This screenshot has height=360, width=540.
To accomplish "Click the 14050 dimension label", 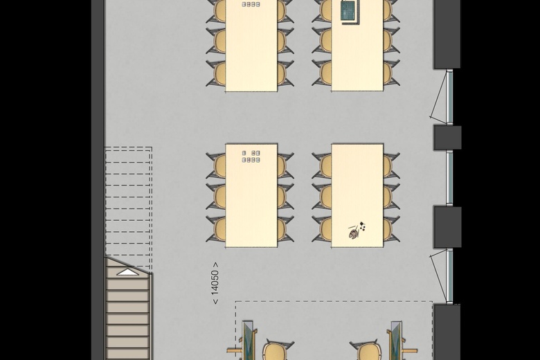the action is click(x=215, y=283).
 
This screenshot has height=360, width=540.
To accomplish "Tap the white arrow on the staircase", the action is click(x=127, y=272).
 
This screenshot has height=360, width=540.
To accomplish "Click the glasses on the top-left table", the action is click(x=251, y=4).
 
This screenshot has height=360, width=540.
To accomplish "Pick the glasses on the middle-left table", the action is click(x=251, y=156).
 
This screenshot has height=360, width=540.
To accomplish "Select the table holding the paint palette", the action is click(x=357, y=196).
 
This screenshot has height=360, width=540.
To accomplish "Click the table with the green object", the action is click(x=357, y=46).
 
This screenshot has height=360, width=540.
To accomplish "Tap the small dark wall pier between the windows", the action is click(x=447, y=138).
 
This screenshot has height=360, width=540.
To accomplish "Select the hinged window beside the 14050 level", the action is click(x=445, y=276).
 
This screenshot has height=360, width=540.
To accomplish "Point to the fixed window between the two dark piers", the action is click(x=449, y=178).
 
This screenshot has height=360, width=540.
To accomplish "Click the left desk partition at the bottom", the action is click(x=247, y=341).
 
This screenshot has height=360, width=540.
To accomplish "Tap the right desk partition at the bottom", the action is click(x=396, y=341).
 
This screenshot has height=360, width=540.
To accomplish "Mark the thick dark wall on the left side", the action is click(x=98, y=180).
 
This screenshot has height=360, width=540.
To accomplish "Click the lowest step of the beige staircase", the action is click(x=128, y=354).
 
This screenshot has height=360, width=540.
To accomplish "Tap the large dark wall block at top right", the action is click(x=447, y=34).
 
